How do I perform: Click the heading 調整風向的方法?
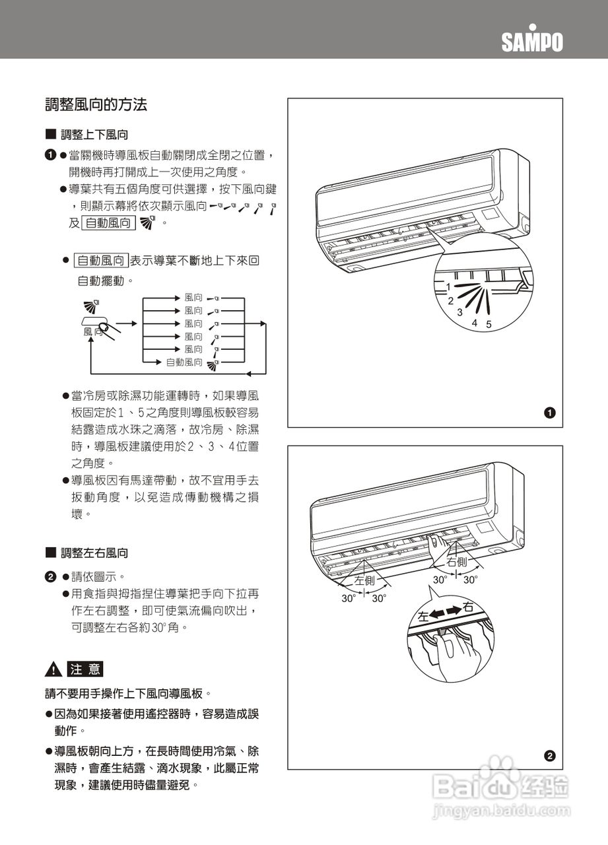point(96,104)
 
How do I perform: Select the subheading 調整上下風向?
point(94,135)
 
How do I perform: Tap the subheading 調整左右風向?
point(94,553)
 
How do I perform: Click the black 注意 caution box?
point(85,669)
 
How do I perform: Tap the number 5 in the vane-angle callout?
point(489,324)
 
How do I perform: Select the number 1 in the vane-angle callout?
point(448,288)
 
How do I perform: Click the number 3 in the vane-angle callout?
point(459,312)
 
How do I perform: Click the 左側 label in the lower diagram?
point(364,581)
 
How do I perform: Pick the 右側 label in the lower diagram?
point(457,562)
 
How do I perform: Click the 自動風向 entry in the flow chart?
point(184,362)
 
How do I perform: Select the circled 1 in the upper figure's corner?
point(549,413)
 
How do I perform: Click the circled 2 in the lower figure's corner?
point(549,756)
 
